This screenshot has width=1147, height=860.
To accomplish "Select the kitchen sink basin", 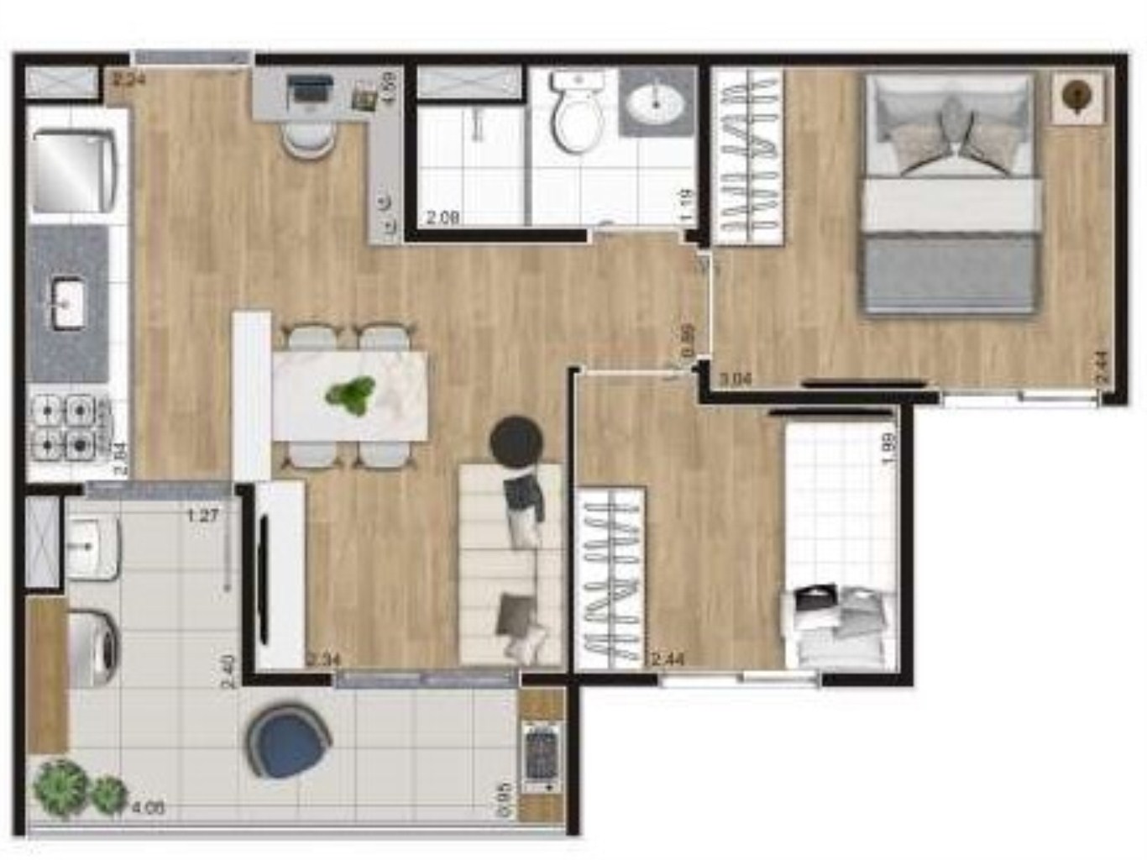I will point(66,303).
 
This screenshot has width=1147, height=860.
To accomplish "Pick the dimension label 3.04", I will point(735,379).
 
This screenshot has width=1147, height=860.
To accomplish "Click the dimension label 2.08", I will point(442,218).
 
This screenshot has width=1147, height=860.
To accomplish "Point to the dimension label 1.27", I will point(202,516).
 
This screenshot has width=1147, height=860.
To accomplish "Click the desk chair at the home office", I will point(308,138).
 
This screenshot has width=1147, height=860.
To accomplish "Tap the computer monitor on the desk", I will point(310,87).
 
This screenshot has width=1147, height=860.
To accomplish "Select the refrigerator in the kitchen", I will point(71,170).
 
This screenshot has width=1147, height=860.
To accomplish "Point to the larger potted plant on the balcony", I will point(60,787).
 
